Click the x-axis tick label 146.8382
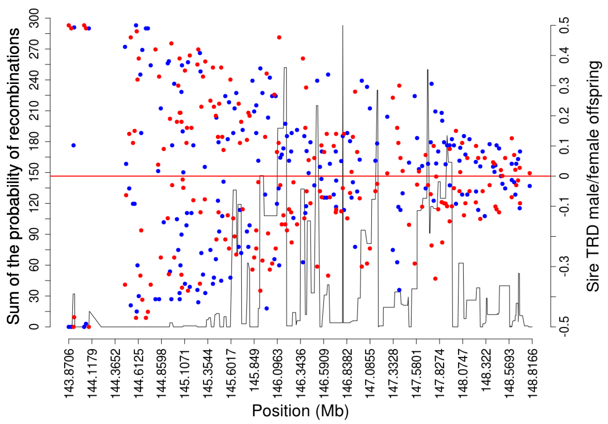click(x=347, y=373)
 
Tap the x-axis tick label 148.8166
click(x=532, y=373)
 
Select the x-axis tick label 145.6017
click(x=231, y=373)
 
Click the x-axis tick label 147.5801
click(x=417, y=373)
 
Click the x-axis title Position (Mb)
click(x=300, y=411)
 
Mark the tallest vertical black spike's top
click(x=343, y=26)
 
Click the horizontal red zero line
click(x=185, y=176)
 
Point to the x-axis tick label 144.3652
click(x=115, y=373)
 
